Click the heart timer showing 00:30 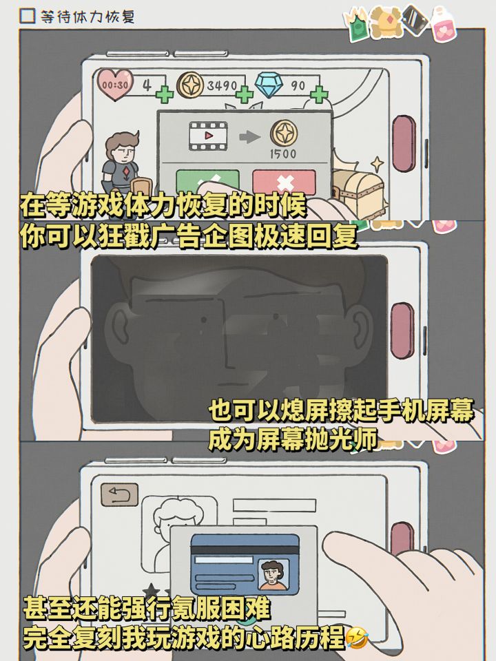tap(115, 85)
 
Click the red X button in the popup tap(285, 182)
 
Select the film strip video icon tap(208, 136)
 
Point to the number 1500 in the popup tap(283, 154)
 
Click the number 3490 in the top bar tap(222, 85)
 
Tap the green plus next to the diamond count tap(319, 94)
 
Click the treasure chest tap(358, 192)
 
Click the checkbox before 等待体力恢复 tap(28, 16)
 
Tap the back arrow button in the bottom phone tap(119, 494)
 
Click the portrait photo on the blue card tap(273, 574)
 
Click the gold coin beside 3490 tap(190, 85)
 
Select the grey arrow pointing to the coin tap(249, 137)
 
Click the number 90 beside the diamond tap(298, 85)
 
